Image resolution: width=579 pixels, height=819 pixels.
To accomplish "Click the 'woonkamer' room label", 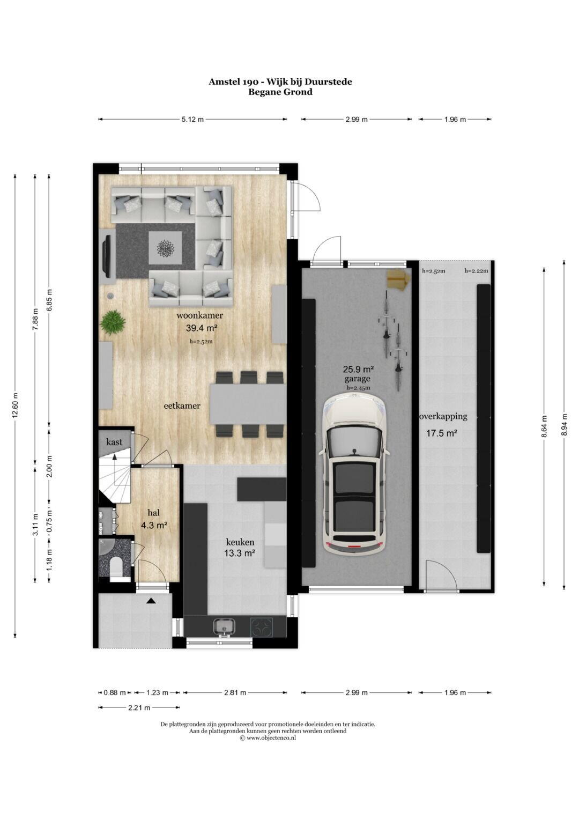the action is click(x=199, y=315).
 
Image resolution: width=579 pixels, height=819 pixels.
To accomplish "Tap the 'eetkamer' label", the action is click(x=182, y=405).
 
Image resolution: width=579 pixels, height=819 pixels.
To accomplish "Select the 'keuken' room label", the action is click(x=240, y=542).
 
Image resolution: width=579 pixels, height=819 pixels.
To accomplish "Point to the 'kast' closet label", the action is click(x=114, y=442).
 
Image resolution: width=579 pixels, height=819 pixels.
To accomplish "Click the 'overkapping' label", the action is click(x=443, y=416).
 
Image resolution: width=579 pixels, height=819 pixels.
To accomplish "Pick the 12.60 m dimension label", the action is click(x=15, y=405).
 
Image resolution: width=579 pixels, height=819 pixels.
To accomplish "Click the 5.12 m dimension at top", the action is click(x=192, y=119).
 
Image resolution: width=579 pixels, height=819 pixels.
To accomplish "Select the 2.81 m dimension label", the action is click(x=235, y=692).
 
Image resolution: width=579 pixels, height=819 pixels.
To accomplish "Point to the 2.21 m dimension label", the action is click(x=139, y=707).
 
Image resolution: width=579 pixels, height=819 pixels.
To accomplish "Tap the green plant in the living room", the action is click(x=113, y=322).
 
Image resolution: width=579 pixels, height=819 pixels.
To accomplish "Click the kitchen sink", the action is click(x=224, y=626).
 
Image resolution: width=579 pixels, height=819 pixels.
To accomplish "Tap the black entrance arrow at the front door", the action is click(x=151, y=600).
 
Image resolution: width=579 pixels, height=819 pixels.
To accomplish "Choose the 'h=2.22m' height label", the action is click(x=476, y=271).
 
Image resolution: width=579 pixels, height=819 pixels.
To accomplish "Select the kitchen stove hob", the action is click(x=262, y=626).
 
